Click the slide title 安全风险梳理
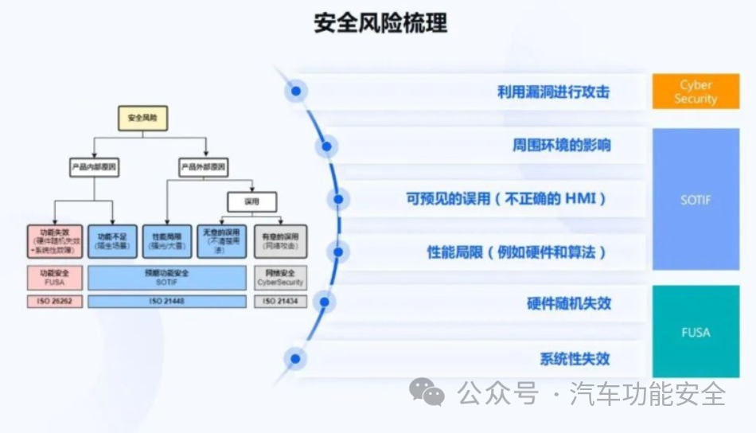coord(380,23)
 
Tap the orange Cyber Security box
coord(696,92)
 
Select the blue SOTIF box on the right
coord(696,200)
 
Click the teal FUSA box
coord(696,331)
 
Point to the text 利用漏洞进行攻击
coord(553,92)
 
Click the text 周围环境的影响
coord(561,146)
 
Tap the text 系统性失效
coord(575,358)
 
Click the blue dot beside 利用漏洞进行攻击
coord(296,92)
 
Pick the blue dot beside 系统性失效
coord(296,359)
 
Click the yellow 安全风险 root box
coord(142,118)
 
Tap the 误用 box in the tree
coord(252,201)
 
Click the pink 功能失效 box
coord(54,240)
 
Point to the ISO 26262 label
coord(54,302)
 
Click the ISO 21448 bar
coord(167,302)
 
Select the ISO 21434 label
coord(280,302)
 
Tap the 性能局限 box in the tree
coord(167,240)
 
